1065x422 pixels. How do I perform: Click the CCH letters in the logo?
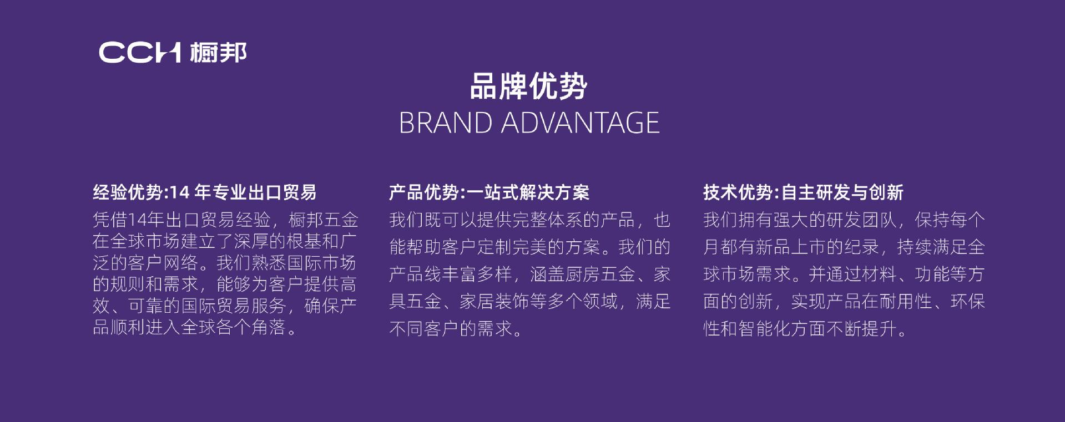coord(140,53)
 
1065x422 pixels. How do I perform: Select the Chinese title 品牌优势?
coord(528,87)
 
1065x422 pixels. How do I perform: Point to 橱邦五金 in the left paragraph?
coord(324,220)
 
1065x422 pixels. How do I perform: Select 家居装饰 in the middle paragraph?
coord(494,302)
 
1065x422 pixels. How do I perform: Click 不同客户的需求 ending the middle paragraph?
coord(451,329)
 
